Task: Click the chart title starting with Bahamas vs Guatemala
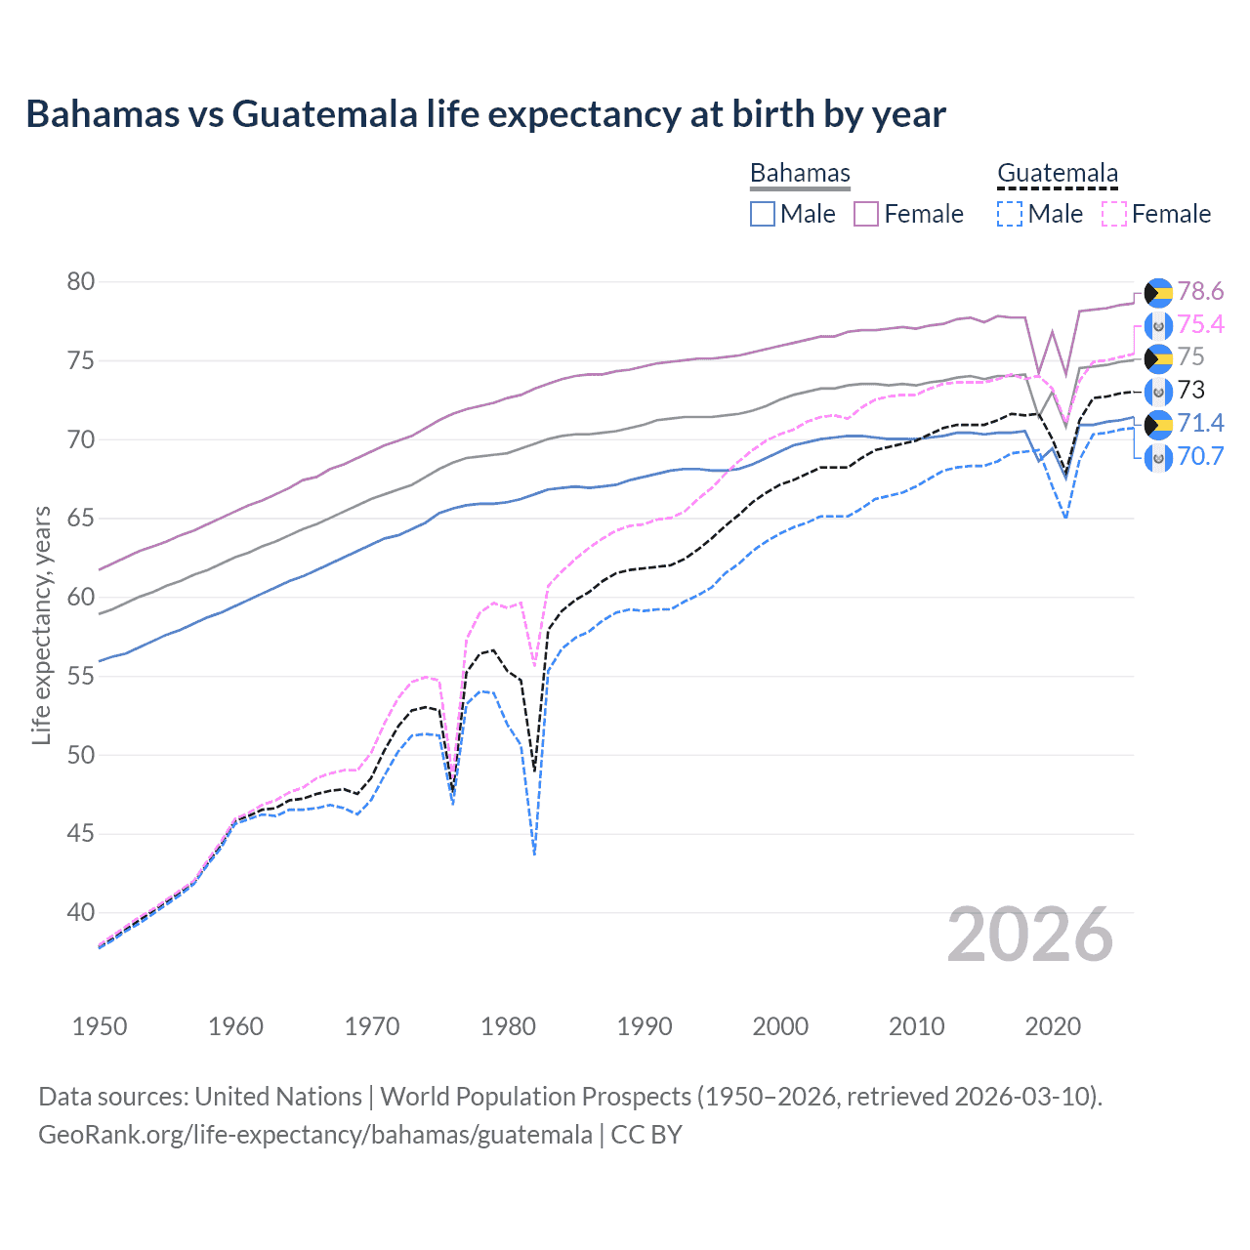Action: pos(485,114)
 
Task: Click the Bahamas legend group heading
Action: pos(800,173)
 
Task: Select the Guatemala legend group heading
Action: pos(1057,173)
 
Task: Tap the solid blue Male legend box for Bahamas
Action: pos(763,214)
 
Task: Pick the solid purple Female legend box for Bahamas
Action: pos(866,214)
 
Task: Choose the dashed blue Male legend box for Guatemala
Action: pos(1010,214)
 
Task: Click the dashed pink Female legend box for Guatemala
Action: pos(1113,214)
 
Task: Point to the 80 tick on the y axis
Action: pos(81,282)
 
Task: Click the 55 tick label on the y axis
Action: pos(81,677)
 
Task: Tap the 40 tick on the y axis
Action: pos(81,913)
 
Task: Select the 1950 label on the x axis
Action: pos(100,1026)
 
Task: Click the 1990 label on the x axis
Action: pos(645,1026)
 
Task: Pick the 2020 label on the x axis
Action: pos(1053,1026)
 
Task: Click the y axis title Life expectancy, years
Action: pos(41,625)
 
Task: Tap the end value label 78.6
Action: pos(1200,291)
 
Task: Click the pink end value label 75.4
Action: pos(1200,324)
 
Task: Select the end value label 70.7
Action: pos(1200,456)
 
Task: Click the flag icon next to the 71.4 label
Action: pos(1158,424)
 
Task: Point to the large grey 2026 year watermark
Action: pos(1030,935)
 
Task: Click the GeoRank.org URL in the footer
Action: pos(315,1135)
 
